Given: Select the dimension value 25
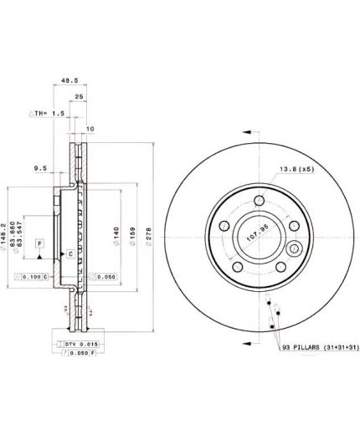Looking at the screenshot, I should click(78, 98).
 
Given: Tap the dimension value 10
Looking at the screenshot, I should click(90, 128).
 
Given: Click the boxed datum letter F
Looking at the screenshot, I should click(39, 243).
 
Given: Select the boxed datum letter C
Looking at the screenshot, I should click(70, 253).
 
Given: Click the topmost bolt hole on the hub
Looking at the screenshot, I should click(253, 198).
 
